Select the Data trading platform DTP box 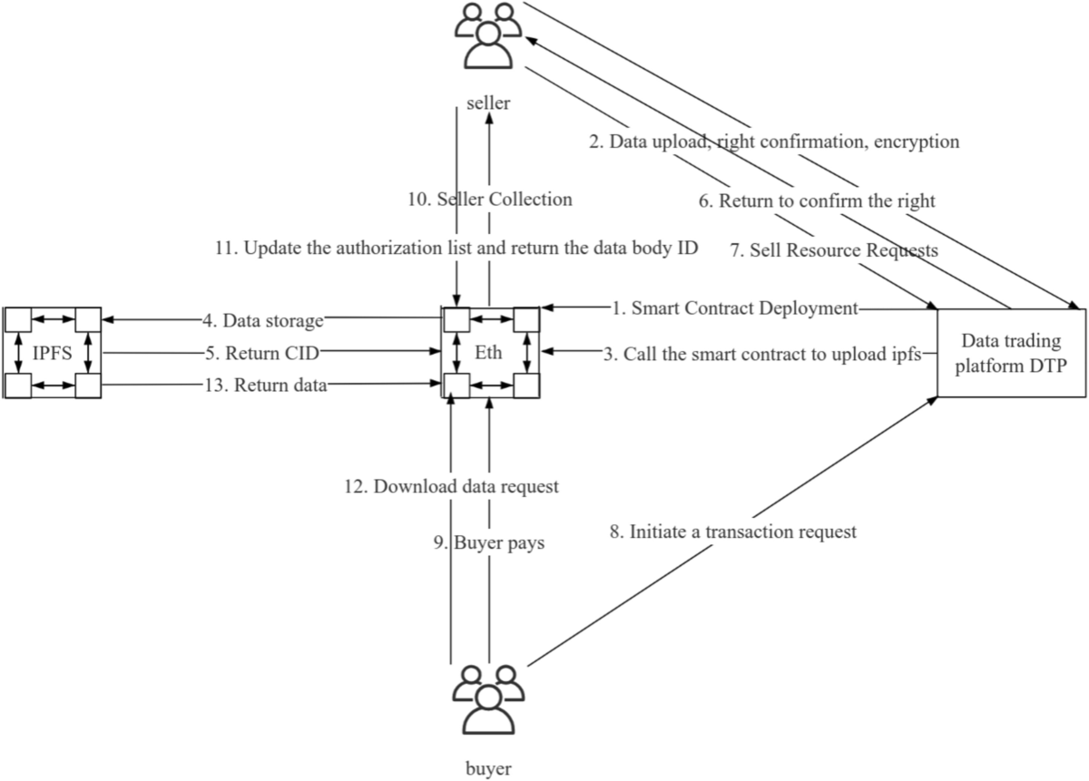coord(1011,352)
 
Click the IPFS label coord(50,352)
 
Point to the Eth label coord(489,352)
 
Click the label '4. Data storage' coord(262,319)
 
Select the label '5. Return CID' coord(262,352)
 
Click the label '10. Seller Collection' coord(488,200)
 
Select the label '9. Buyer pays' coord(487,542)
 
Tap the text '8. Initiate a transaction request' coord(731,532)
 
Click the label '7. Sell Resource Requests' coord(834,250)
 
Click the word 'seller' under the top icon coord(488,103)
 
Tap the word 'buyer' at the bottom coord(488,769)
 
